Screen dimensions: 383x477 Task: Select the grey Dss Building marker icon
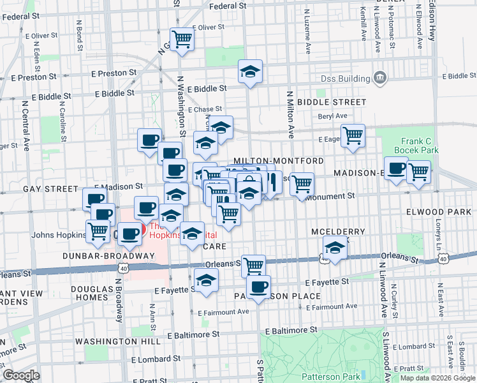click(x=381, y=78)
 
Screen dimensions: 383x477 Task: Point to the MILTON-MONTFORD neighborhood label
click(x=279, y=161)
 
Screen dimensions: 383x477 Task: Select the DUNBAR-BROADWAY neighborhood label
click(x=108, y=256)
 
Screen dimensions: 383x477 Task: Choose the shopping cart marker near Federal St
click(x=182, y=40)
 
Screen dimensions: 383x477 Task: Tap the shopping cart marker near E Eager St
click(x=353, y=135)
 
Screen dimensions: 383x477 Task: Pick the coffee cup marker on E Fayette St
click(x=258, y=287)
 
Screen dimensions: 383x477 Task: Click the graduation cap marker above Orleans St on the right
click(x=335, y=247)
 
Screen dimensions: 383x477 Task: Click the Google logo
click(x=21, y=375)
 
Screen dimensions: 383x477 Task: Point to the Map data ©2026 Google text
click(x=437, y=378)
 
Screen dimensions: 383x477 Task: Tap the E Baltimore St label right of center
click(x=291, y=331)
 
